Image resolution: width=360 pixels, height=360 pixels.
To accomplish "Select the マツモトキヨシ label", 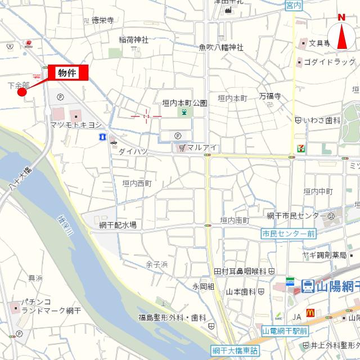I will point(76,124).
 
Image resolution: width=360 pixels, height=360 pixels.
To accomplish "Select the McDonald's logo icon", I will point(309,312).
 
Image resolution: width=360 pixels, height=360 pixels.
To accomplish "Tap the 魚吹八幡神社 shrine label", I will point(221,47).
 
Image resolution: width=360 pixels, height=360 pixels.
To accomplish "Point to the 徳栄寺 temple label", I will point(102,20).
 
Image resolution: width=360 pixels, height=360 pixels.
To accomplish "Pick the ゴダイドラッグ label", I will point(329,61).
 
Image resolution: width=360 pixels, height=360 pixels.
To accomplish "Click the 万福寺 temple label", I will point(269,96).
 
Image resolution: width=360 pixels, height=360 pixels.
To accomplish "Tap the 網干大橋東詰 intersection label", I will point(235,349).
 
